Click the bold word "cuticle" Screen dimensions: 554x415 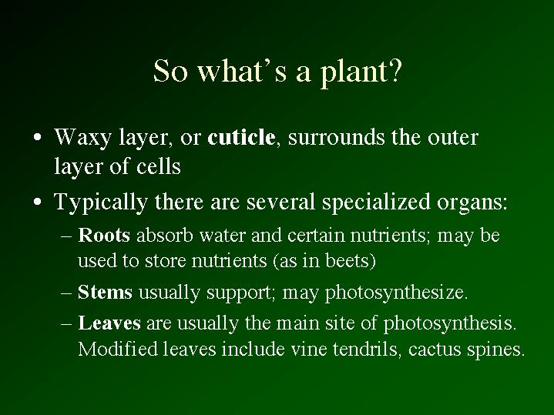coord(241,137)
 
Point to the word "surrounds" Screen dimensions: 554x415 coord(336,137)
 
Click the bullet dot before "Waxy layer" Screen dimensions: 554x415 coord(38,137)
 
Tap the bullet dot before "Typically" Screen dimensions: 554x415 coord(38,202)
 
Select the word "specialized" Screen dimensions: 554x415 coord(376,203)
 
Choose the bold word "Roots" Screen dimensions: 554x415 coord(104,235)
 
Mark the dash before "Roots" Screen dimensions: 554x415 coord(66,236)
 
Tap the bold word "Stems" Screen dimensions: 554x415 coord(105,292)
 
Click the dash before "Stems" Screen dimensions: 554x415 coord(66,293)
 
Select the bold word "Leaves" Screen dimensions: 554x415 coord(109,323)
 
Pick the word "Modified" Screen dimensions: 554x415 coord(118,349)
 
